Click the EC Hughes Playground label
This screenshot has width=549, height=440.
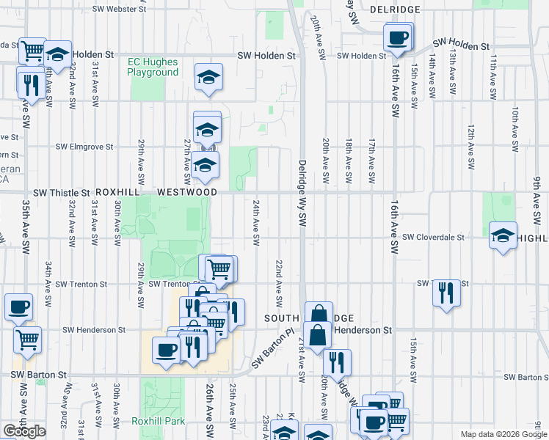(153, 67)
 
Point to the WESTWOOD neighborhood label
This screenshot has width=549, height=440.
(186, 192)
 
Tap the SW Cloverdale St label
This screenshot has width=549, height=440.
(434, 238)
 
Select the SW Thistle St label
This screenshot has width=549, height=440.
(55, 192)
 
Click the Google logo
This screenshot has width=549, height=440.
(24, 431)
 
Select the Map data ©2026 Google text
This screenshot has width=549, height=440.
(503, 435)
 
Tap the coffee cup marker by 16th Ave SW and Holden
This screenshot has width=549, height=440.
(398, 37)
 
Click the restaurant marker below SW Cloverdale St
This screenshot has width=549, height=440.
(446, 293)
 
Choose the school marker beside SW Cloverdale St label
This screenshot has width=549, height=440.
(503, 236)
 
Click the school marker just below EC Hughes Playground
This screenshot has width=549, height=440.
(208, 77)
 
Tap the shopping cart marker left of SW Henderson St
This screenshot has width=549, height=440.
(28, 340)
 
